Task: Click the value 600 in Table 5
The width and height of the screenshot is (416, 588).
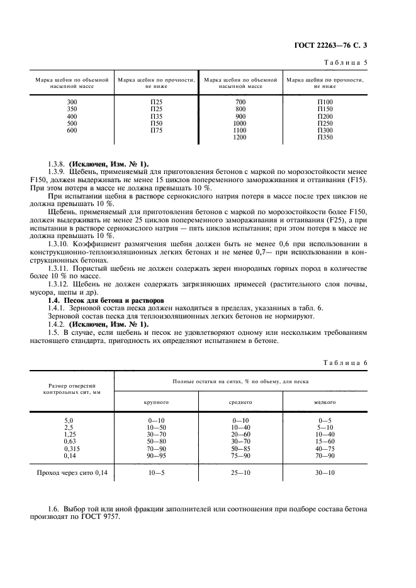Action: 72,131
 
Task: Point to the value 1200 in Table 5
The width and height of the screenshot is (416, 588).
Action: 240,137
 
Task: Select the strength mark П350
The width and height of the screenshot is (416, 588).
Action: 325,137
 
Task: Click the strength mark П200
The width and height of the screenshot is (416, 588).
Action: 325,116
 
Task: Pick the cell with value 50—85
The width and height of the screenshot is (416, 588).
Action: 240,449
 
